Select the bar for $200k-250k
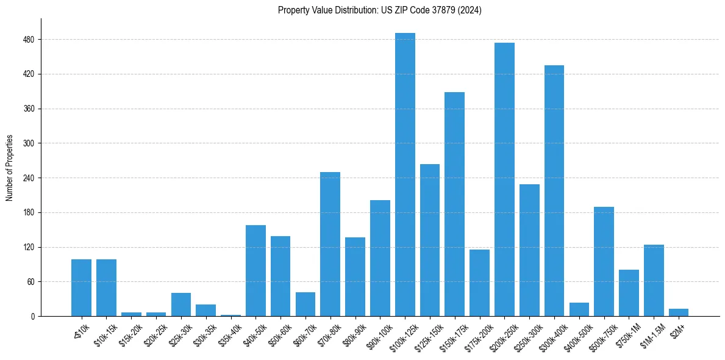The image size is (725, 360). pyautogui.click(x=504, y=179)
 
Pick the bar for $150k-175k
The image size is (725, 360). pyautogui.click(x=455, y=204)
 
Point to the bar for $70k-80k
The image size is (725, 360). pyautogui.click(x=330, y=244)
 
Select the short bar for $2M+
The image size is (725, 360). pyautogui.click(x=679, y=312)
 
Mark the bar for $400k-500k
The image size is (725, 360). pyautogui.click(x=579, y=309)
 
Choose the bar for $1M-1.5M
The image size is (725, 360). pyautogui.click(x=654, y=280)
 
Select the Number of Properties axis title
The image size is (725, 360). pyautogui.click(x=10, y=168)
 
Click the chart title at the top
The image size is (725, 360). pyautogui.click(x=379, y=10)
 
